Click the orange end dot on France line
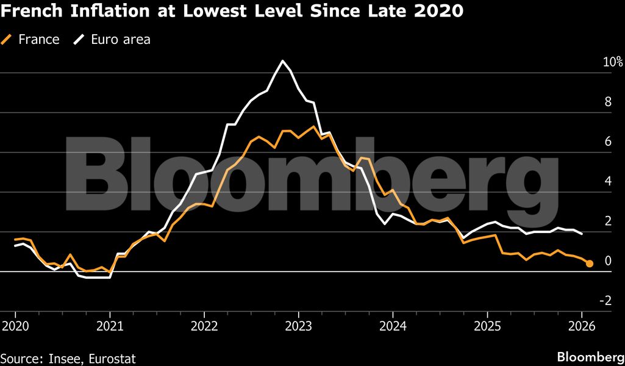pos(590,264)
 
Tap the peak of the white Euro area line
pos(282,61)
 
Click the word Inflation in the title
pos(90,10)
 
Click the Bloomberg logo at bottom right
pos(590,357)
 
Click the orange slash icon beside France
pos(7,40)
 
